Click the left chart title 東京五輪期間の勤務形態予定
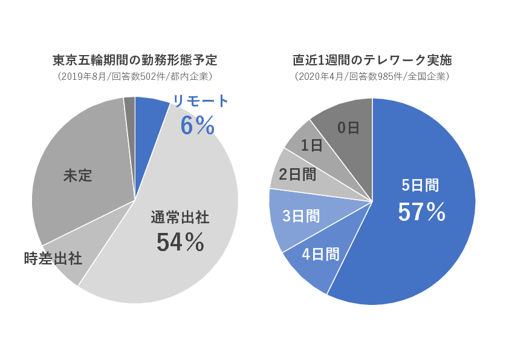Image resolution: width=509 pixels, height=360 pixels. tap(134, 61)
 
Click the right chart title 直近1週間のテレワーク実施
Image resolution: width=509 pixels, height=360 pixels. tap(372, 61)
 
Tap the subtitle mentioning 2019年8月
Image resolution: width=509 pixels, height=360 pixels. tap(134, 77)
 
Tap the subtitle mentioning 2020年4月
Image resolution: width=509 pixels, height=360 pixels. tap(372, 77)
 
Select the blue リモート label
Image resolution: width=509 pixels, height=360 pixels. tap(201, 101)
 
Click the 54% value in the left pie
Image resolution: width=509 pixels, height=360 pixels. tap(180, 242)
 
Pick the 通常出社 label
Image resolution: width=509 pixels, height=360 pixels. tap(180, 218)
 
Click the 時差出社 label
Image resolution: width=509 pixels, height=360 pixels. tap(53, 258)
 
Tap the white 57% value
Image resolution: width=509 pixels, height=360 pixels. tap(421, 211)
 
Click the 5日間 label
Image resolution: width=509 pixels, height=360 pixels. tap(421, 186)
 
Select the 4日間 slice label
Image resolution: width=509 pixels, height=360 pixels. tap(320, 254)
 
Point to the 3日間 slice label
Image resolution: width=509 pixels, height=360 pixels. tap(301, 215)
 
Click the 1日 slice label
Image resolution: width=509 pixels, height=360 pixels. tap(311, 145)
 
